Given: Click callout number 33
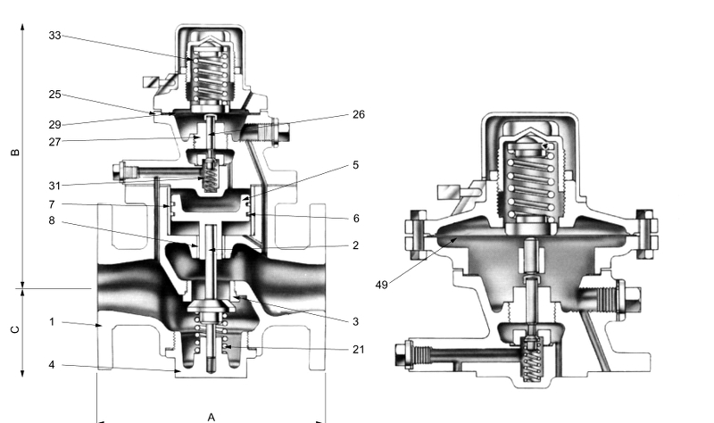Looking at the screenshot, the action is coord(54,36).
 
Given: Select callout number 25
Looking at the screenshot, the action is coord(54,95).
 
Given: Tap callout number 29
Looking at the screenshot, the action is coord(54,124).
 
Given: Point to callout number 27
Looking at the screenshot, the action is coord(54,142).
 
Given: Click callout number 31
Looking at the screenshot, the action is coord(54,186).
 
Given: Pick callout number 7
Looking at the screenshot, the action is coord(52,204).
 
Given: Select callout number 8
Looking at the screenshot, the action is coord(52,220).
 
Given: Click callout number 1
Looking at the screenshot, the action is coord(52,322).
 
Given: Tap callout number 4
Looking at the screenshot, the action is coord(52,365).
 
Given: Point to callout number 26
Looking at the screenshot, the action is coord(359,115).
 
